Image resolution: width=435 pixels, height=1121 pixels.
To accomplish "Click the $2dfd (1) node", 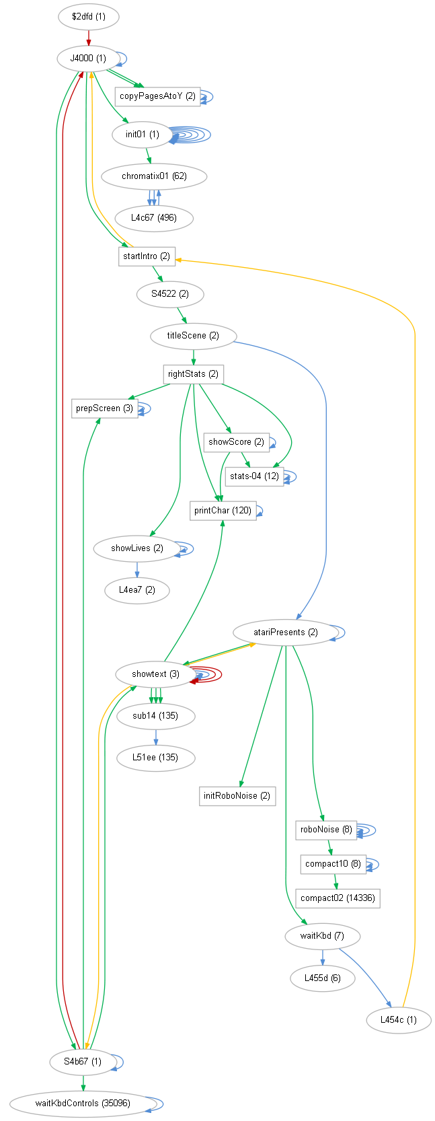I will pos(88,16).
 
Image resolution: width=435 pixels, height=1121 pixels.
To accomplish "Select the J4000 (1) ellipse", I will pos(88,59).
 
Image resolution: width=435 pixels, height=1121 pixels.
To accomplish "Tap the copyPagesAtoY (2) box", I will pos(157,96).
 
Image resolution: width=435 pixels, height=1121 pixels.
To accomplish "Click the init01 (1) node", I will pos(142,135).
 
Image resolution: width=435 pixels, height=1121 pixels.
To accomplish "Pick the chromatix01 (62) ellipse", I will pos(154,176).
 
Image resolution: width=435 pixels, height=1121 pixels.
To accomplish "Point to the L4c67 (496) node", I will pos(154,218).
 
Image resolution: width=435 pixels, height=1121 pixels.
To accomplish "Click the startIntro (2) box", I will pos(147,256).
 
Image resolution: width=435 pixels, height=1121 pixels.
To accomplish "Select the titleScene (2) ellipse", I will pos(193,336).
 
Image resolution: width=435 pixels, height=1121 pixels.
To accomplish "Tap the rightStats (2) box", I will pos(193,374).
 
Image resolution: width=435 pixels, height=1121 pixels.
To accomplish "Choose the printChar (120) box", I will pos(223,511).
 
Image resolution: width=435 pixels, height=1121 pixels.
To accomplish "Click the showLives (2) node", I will pos(137,548).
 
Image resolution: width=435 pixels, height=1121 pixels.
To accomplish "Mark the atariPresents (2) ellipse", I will pos(285,632).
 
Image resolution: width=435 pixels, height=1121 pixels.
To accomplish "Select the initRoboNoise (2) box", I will pos(237,796).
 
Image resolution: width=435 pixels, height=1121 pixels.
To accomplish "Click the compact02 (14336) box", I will pos(338,898).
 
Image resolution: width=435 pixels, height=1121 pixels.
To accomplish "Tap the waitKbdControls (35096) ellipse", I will pos(83,1104).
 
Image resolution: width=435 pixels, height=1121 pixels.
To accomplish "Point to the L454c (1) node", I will pos(399,1019).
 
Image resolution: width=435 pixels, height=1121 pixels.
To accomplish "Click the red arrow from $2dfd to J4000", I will pos(88,37).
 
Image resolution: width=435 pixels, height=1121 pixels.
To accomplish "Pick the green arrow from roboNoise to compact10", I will pos(329,847).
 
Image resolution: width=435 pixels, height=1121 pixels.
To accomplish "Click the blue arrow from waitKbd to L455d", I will pos(323,957).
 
